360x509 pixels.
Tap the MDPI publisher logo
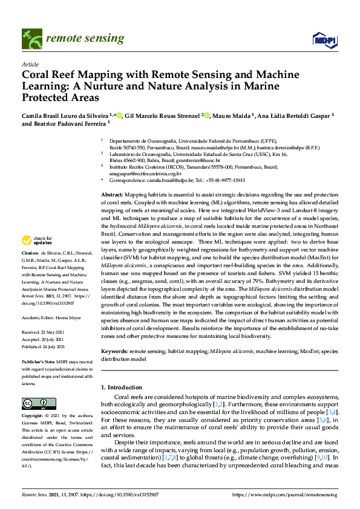point(324,40)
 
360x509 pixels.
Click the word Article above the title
point(30,64)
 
